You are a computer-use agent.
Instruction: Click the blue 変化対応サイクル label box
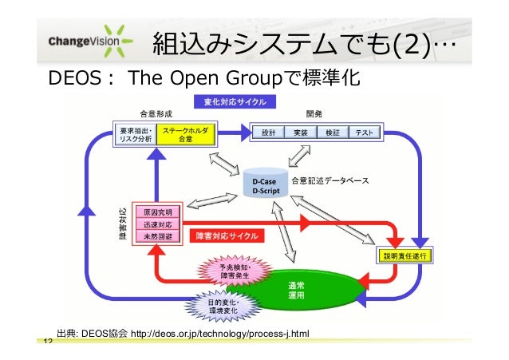click(x=230, y=101)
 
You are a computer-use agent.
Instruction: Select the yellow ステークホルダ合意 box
click(x=186, y=133)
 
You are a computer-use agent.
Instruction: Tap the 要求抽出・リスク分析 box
click(x=136, y=133)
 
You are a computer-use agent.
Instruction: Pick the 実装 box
click(x=301, y=133)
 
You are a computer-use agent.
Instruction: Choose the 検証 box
click(x=333, y=133)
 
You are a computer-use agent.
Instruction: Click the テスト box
click(x=365, y=133)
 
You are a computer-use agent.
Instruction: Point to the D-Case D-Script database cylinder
click(x=264, y=186)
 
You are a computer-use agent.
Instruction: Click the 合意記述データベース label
click(x=329, y=181)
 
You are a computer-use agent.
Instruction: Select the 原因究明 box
click(x=157, y=212)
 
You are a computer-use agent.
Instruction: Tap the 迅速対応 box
click(x=157, y=224)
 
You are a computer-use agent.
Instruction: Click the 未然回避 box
click(x=157, y=237)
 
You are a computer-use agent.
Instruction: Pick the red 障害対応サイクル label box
click(x=227, y=236)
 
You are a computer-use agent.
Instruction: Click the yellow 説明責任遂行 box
click(x=404, y=255)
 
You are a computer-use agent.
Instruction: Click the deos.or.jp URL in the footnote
click(x=219, y=333)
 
